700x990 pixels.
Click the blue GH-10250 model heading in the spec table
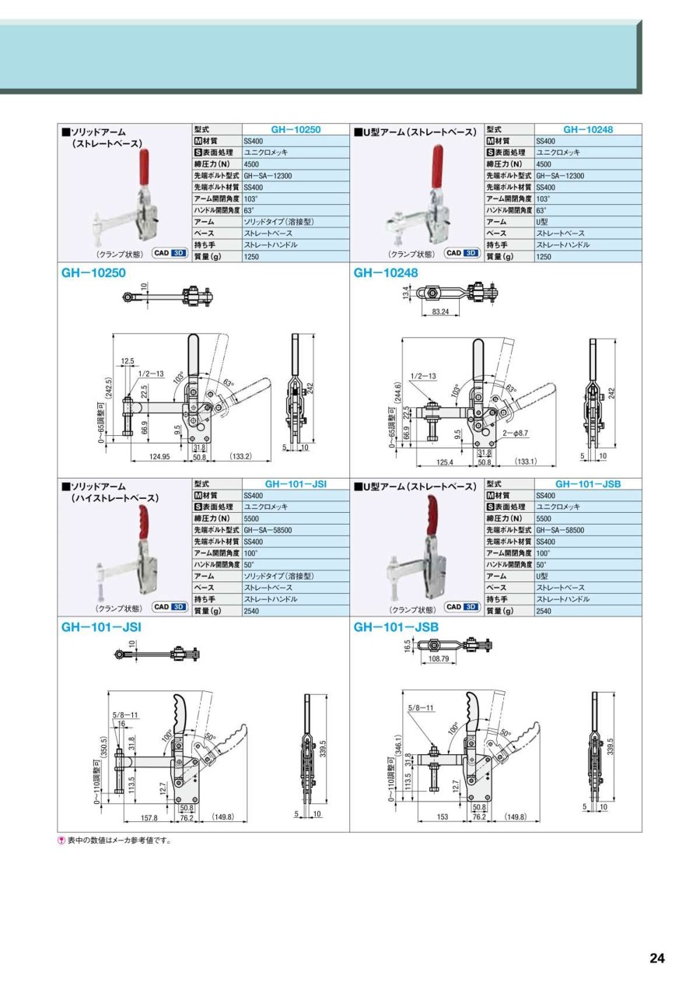296,129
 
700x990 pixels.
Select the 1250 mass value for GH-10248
544,257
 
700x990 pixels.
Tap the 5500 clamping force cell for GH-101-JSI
251,518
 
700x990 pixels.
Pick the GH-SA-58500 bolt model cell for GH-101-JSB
560,530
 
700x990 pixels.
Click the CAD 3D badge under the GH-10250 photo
170,253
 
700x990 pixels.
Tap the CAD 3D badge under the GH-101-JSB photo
462,607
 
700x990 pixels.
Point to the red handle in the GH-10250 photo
145,168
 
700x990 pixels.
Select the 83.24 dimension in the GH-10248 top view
440,311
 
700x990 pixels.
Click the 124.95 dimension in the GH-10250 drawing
159,457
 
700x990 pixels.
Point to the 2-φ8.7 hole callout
516,434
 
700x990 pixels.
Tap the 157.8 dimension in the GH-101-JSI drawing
149,818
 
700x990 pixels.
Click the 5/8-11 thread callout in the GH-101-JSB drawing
421,707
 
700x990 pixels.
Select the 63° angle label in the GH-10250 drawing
229,383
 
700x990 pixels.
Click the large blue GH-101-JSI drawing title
101,627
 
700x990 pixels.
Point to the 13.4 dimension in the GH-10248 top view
406,293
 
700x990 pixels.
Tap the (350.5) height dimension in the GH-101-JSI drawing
103,748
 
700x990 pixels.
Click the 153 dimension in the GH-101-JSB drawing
442,817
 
